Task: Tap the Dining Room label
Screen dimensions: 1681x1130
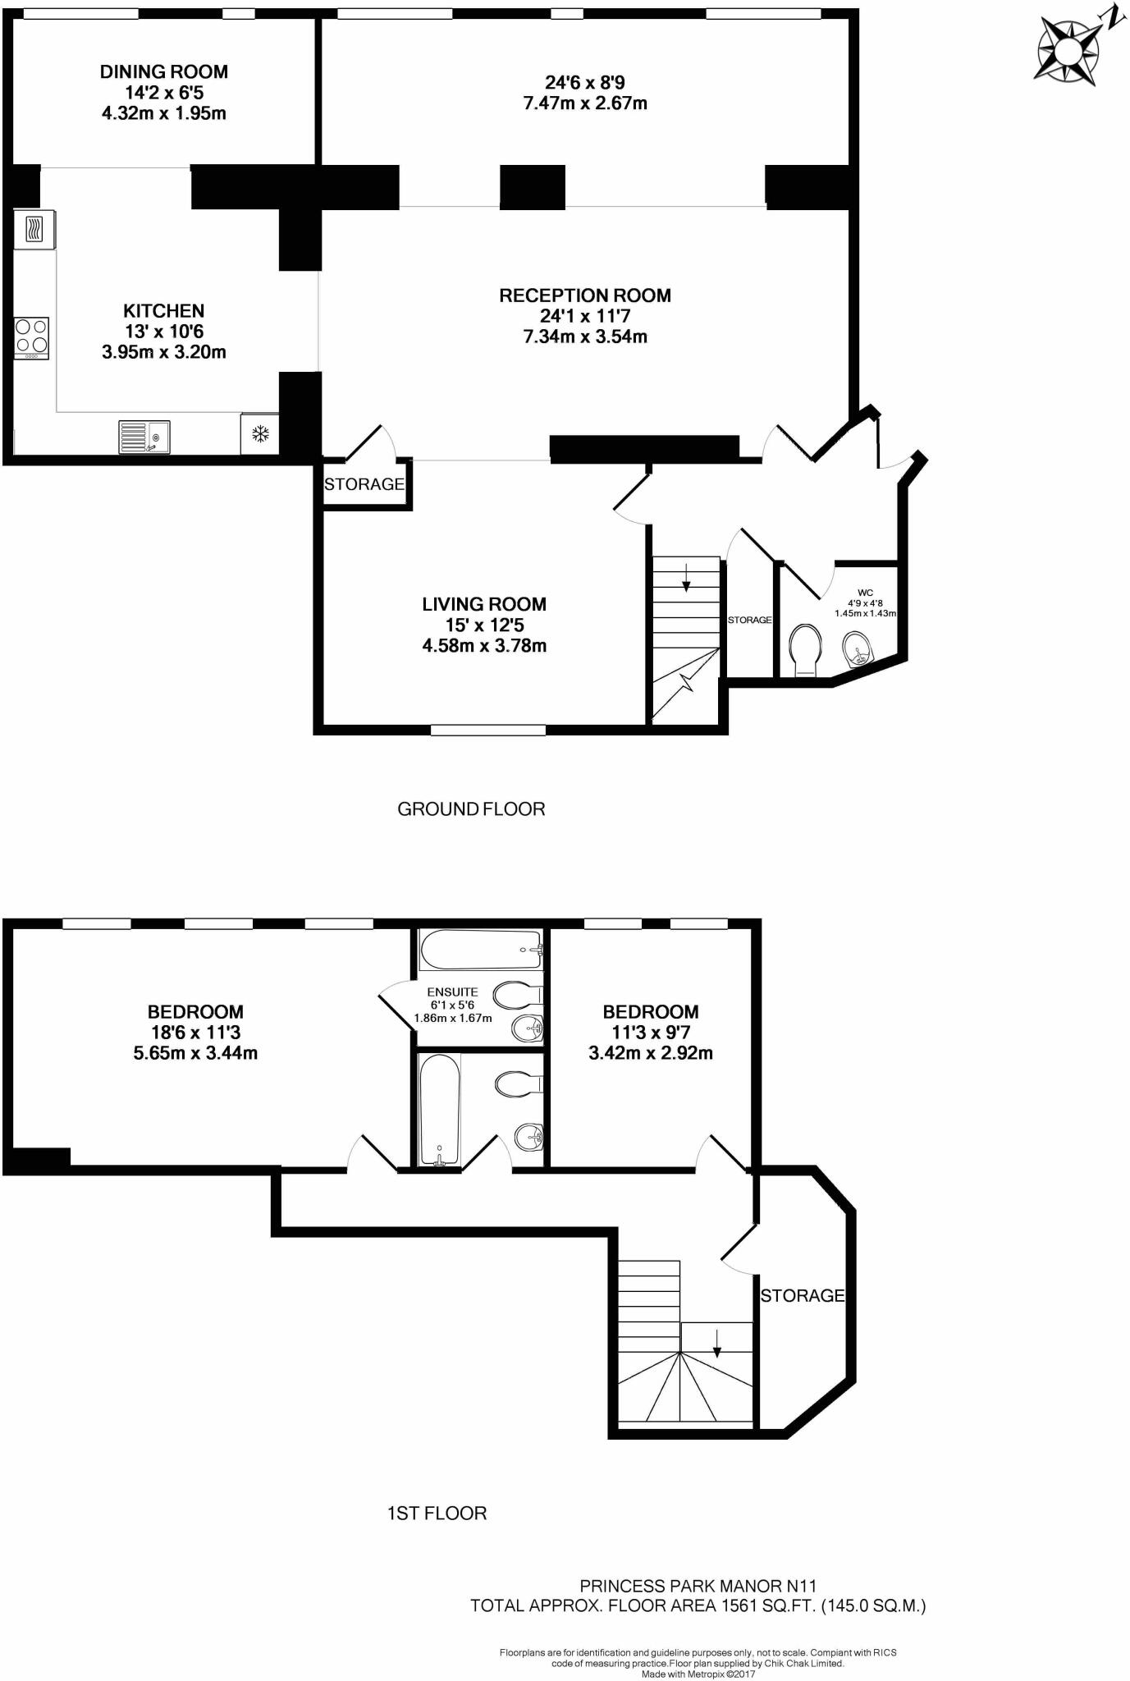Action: (164, 72)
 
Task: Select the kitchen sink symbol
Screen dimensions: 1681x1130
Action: (144, 437)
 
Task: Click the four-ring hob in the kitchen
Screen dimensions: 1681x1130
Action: (32, 337)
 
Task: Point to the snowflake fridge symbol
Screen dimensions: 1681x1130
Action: (260, 433)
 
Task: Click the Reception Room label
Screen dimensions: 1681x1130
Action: (585, 295)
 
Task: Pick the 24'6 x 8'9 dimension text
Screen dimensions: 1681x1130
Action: (585, 82)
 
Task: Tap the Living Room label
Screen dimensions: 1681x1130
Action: (484, 604)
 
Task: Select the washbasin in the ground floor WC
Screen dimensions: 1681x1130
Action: (858, 648)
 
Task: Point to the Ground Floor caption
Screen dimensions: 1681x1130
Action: (471, 809)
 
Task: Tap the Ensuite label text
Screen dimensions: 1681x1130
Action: (453, 992)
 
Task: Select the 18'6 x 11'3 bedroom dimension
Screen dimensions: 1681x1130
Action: (195, 1033)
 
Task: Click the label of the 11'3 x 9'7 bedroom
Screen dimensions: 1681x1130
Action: (651, 1012)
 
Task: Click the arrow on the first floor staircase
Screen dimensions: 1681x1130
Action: (717, 1343)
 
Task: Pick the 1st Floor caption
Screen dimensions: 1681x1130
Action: (437, 1513)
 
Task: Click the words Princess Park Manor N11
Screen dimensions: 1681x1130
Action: (698, 1587)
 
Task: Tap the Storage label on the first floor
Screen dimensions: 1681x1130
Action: (802, 1295)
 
